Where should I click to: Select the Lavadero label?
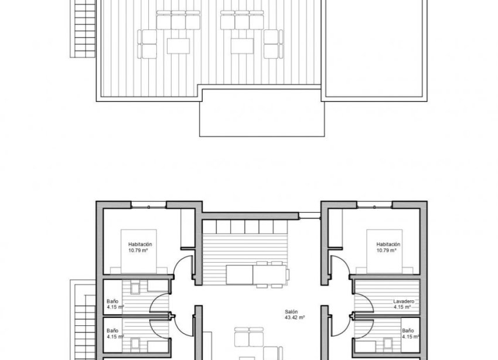pos(404,301)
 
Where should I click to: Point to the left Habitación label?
pos(140,244)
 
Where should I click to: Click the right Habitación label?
pos(388,244)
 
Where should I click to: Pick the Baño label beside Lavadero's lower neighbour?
pos(408,330)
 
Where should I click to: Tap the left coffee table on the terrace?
pos(177,45)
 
